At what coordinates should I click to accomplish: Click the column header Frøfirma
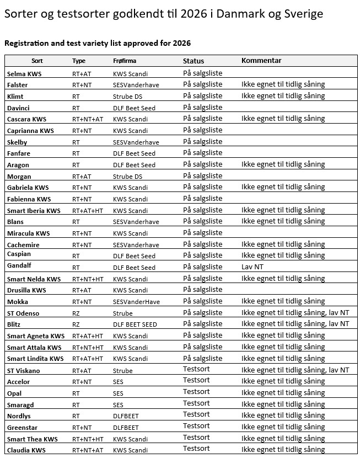[x=125, y=61]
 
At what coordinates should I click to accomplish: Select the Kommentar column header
[x=261, y=61]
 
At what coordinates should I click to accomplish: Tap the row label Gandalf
[x=19, y=268]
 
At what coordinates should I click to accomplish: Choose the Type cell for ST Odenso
[x=76, y=313]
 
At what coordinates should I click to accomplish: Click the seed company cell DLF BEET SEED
[x=135, y=324]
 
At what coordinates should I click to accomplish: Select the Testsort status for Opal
[x=196, y=392]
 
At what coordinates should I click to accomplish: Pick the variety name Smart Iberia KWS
[x=34, y=211]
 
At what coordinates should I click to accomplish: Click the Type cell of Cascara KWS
[x=88, y=119]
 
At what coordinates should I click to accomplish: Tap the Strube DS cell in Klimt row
[x=127, y=97]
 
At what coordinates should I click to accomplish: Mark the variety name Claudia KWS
[x=26, y=450]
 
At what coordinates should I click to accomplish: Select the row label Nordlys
[x=19, y=416]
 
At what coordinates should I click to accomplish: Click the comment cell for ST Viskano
[x=295, y=370]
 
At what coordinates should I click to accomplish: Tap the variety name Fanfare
[x=19, y=153]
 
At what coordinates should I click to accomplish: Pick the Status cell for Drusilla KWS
[x=202, y=290]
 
